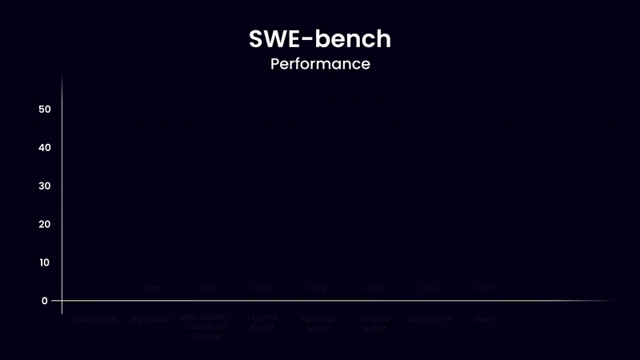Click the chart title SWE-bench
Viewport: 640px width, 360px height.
coord(319,38)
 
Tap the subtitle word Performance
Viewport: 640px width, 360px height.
coord(319,64)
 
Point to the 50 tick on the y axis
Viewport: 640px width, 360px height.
coord(45,109)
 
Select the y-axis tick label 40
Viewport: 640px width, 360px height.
coord(45,147)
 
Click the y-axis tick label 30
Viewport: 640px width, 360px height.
coord(45,186)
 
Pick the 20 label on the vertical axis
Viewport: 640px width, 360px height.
coord(45,224)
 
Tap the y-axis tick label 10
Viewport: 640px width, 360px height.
coord(45,262)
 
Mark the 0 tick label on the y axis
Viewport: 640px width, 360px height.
coord(45,301)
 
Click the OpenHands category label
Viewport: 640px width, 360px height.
coord(94,319)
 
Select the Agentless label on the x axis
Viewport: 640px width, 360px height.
coord(150,319)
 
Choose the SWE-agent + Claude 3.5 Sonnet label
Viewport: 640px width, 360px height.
coord(206,326)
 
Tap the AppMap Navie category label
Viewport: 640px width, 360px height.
coord(318,323)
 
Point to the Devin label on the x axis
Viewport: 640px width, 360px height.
coord(486,319)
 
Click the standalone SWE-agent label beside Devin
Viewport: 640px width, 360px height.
coord(430,319)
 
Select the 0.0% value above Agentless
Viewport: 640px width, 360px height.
coord(150,288)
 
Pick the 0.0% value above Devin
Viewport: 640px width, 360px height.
coord(486,288)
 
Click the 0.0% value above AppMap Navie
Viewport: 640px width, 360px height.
coord(318,288)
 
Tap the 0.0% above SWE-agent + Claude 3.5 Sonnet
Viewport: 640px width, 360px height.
coord(206,288)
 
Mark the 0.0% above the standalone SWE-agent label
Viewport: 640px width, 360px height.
coord(430,288)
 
